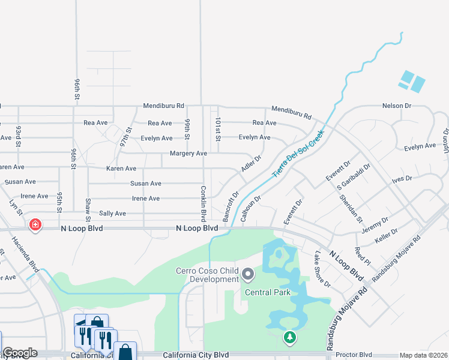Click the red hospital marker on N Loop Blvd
pyautogui.click(x=35, y=226)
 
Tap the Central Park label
pyautogui.click(x=267, y=292)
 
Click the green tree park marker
pyautogui.click(x=290, y=338)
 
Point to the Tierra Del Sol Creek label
pyautogui.click(x=298, y=153)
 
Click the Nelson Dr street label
pyautogui.click(x=396, y=106)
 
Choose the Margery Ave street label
pyautogui.click(x=188, y=154)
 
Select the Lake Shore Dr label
pyautogui.click(x=322, y=269)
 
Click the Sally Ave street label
pyautogui.click(x=112, y=213)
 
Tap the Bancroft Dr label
pyautogui.click(x=231, y=205)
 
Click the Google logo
pyautogui.click(x=20, y=353)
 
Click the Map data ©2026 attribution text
pyautogui.click(x=423, y=355)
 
